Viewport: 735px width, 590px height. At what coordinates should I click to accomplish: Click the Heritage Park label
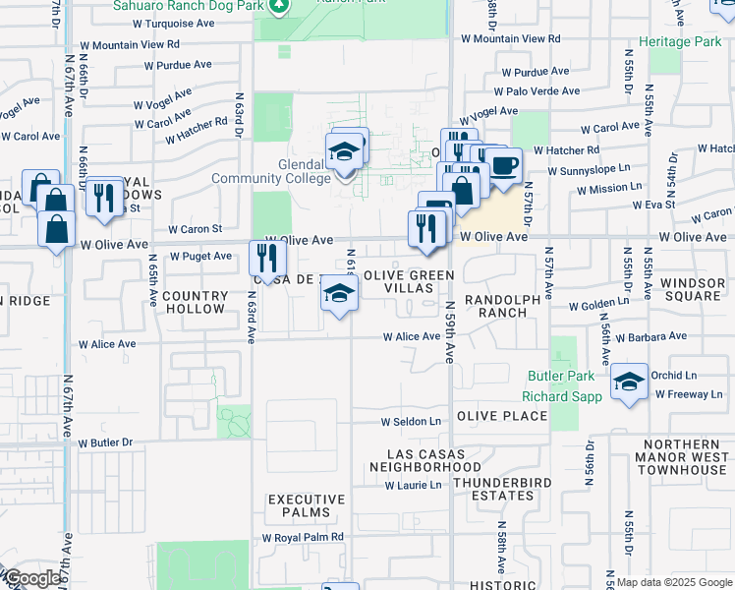pyautogui.click(x=679, y=41)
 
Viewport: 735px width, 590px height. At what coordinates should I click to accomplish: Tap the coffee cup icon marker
pyautogui.click(x=504, y=165)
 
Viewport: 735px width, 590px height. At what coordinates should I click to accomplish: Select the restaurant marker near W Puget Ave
pyautogui.click(x=267, y=259)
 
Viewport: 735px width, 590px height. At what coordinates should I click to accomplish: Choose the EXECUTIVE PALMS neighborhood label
pyautogui.click(x=308, y=506)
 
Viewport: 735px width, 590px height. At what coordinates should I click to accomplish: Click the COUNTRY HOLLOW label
pyautogui.click(x=194, y=302)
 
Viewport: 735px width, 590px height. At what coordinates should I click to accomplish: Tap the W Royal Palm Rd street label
pyautogui.click(x=303, y=538)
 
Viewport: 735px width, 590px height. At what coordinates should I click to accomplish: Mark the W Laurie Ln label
pyautogui.click(x=413, y=486)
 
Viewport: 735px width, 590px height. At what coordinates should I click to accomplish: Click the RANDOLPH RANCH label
pyautogui.click(x=503, y=306)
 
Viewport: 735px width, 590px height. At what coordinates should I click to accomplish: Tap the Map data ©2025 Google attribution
pyautogui.click(x=673, y=582)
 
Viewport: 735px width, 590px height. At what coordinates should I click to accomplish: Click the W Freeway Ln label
pyautogui.click(x=689, y=394)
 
